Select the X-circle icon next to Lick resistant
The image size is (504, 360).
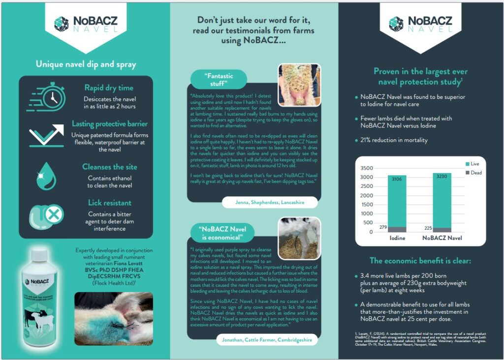54,214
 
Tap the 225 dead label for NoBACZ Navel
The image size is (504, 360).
428,228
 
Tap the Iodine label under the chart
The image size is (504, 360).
397,239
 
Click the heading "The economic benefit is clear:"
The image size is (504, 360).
420,261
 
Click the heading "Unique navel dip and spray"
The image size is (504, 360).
86,64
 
